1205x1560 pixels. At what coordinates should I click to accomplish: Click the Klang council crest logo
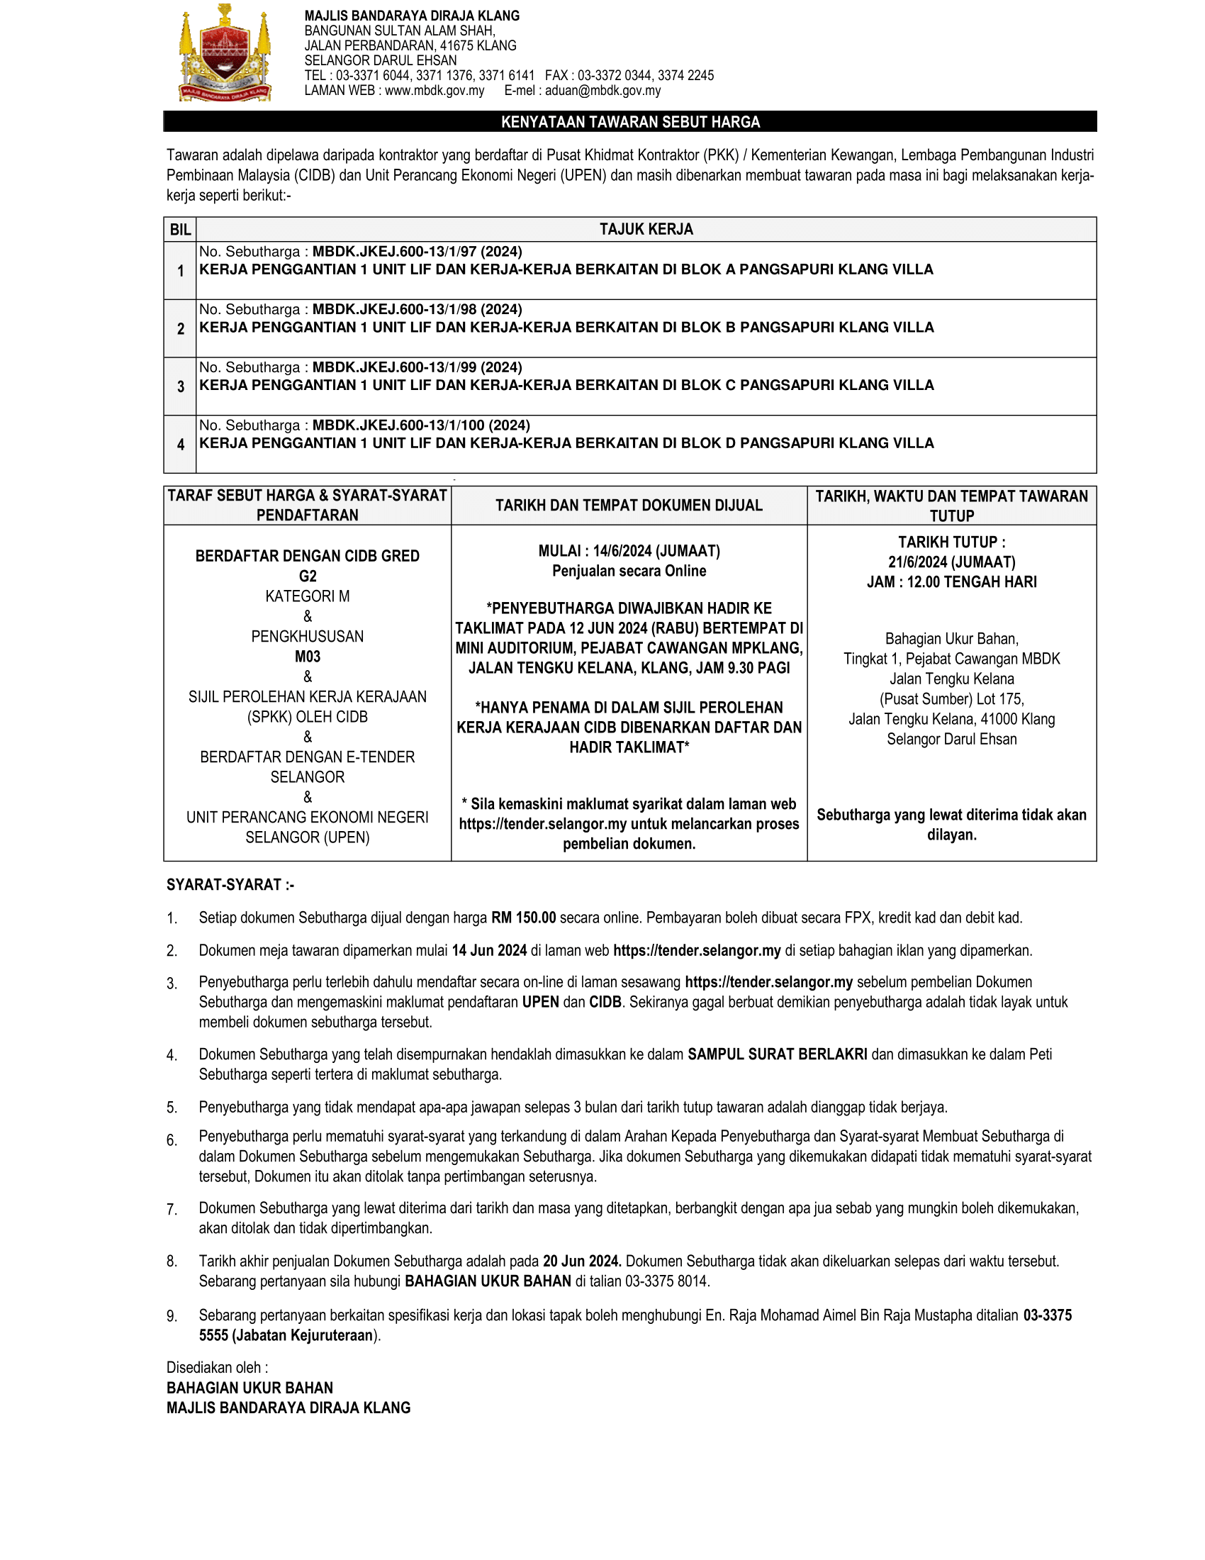(225, 55)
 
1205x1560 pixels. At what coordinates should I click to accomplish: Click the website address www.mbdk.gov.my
(434, 91)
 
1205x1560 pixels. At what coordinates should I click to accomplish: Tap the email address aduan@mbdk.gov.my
(602, 91)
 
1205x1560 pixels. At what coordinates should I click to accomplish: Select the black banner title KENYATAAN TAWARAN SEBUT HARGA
(629, 122)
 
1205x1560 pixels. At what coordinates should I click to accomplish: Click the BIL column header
(180, 229)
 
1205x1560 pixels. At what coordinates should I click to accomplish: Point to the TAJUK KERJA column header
(645, 229)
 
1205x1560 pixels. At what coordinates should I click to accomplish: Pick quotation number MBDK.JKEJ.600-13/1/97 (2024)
(417, 252)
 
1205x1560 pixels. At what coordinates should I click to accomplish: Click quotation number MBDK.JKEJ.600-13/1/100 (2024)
(420, 425)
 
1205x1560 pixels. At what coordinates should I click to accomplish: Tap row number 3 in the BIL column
(181, 386)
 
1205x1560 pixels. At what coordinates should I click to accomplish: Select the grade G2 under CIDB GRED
(308, 576)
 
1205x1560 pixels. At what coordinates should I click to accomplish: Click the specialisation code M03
(308, 657)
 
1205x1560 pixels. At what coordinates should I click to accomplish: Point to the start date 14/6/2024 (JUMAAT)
(656, 551)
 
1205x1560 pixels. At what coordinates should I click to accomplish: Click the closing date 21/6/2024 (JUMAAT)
(951, 562)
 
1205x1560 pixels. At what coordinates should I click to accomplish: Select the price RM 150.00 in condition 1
(523, 918)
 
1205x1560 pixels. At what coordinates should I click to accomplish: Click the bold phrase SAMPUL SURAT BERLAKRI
(777, 1054)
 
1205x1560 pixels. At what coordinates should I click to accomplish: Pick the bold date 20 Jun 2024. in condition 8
(582, 1261)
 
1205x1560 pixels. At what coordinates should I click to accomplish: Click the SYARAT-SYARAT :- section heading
(230, 885)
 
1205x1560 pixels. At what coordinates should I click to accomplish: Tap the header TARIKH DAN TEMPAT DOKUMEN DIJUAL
(629, 506)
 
